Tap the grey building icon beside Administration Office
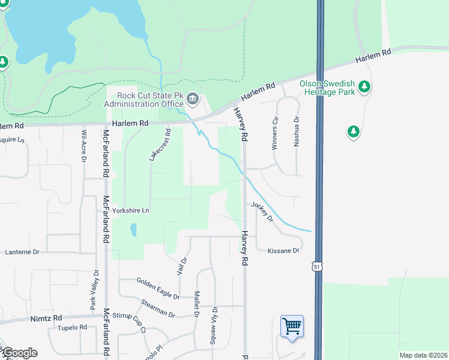coord(193,98)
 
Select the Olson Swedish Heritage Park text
coord(327,87)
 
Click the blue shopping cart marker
coord(292,327)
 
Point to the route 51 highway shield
coord(316,265)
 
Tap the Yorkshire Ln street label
coord(130,211)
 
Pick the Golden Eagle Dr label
coord(157,287)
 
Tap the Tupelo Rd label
coord(72,328)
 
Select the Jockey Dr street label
coord(262,212)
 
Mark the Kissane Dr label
coord(283,250)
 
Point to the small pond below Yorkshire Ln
coord(133,230)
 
